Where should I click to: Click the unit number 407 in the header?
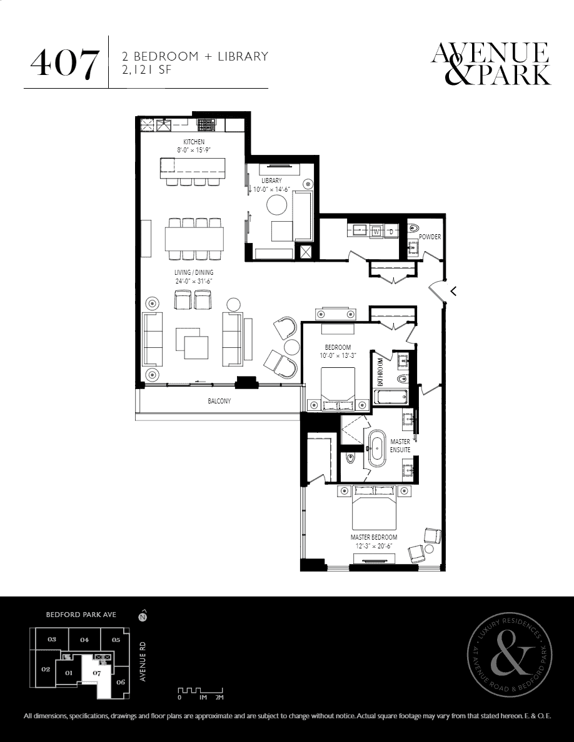[65, 64]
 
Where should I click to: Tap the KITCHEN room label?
[194, 142]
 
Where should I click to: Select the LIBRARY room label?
[271, 181]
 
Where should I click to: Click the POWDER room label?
[430, 237]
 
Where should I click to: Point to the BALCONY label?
[219, 401]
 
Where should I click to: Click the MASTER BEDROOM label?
[374, 537]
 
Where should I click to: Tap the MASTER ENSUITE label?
[400, 445]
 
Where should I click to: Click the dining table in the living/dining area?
[194, 239]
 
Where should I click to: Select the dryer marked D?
[391, 231]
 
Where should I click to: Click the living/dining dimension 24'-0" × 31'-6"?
[194, 280]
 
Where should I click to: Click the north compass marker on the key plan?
[141, 617]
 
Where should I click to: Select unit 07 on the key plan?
[97, 673]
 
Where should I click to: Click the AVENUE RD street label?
[143, 661]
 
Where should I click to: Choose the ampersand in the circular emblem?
[510, 656]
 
